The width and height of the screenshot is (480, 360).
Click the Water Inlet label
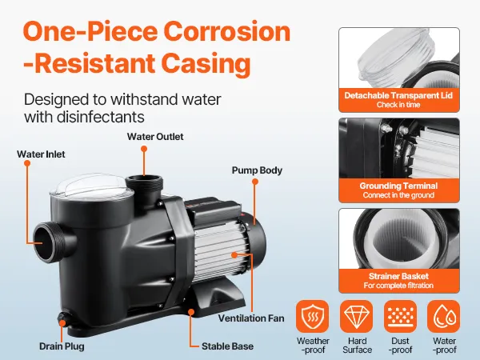(41, 154)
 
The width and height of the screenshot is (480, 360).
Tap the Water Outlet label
(155, 137)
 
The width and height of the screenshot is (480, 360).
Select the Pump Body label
(257, 170)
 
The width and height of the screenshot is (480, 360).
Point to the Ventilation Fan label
(251, 318)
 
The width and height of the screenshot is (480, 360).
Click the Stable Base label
(227, 346)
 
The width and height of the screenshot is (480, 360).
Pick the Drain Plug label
(62, 346)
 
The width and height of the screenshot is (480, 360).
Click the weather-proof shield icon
(313, 317)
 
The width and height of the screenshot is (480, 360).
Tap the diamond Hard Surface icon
(357, 317)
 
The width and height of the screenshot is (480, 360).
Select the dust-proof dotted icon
(401, 317)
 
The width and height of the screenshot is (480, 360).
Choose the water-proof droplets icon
(443, 317)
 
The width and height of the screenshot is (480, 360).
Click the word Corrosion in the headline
(227, 31)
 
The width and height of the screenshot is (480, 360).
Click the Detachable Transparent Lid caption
(398, 95)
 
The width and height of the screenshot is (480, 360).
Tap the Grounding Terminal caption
(398, 186)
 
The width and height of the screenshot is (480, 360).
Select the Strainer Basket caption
(398, 276)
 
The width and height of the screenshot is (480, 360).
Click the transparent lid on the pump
(92, 186)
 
